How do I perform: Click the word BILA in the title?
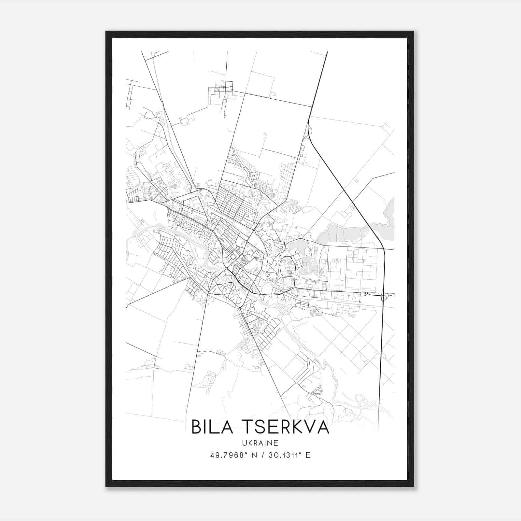(x=212, y=427)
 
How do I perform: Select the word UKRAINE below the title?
(x=260, y=443)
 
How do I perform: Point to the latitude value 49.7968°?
(x=227, y=455)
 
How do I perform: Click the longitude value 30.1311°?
(x=284, y=455)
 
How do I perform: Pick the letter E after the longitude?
(x=308, y=455)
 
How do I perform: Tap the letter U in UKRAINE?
(x=244, y=443)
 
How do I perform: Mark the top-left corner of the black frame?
(x=106, y=32)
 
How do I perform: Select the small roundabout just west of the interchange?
(x=366, y=293)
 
